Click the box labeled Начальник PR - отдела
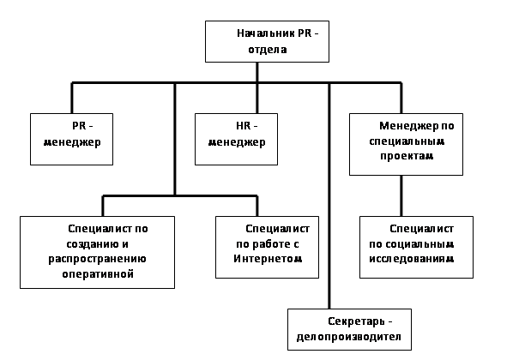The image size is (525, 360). click(267, 41)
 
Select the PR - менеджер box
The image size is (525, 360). click(72, 139)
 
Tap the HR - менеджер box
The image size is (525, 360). click(236, 139)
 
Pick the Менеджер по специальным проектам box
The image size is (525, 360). click(406, 144)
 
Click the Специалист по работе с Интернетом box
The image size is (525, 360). click(267, 247)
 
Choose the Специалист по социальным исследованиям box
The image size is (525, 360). click(417, 247)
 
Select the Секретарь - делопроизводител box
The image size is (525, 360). click(349, 329)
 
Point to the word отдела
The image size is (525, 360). click(268, 50)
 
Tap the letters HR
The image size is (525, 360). click(243, 126)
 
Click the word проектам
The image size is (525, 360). click(407, 156)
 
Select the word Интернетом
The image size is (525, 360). click(268, 259)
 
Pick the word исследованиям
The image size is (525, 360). click(412, 259)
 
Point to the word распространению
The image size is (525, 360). click(97, 260)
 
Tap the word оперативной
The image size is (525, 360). click(98, 274)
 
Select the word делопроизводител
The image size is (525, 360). click(349, 337)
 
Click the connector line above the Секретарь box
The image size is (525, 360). click(329, 195)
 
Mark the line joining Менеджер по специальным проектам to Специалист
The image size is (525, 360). click(401, 195)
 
